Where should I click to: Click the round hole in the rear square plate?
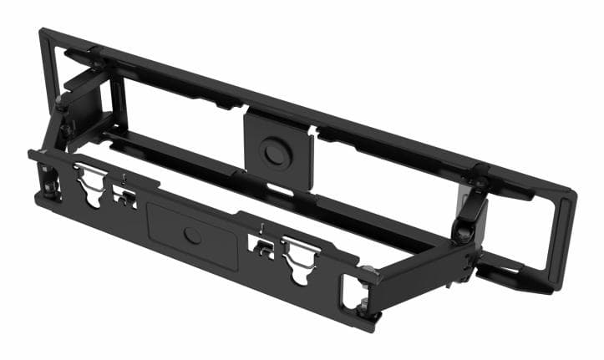click(273, 152)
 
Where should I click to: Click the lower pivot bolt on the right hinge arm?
click(462, 235)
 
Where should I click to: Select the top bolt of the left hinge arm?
click(61, 104)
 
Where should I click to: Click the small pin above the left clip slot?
click(124, 178)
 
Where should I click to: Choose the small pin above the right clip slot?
click(262, 227)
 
